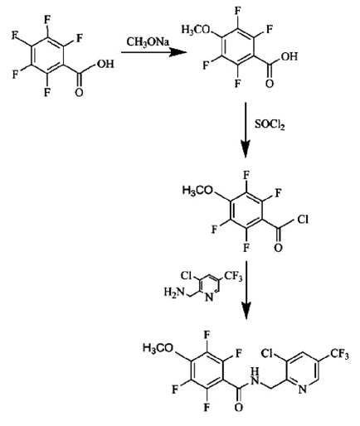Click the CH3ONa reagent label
point(148,42)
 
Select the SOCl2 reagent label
point(270,125)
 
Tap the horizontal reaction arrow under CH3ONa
point(153,52)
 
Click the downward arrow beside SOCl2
point(246,130)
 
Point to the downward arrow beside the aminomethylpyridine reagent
point(246,290)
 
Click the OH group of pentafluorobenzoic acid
point(105,64)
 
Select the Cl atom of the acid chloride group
point(303,220)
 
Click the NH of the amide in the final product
point(255,377)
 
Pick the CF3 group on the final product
point(339,354)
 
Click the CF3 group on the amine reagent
point(233,276)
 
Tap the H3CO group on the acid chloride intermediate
point(197,191)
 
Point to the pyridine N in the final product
point(303,389)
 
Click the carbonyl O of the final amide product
point(239,407)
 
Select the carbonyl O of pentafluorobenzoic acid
point(79,92)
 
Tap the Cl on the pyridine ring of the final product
point(266,354)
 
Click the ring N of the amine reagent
point(210,298)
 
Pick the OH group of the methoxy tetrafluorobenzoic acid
point(289,56)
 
